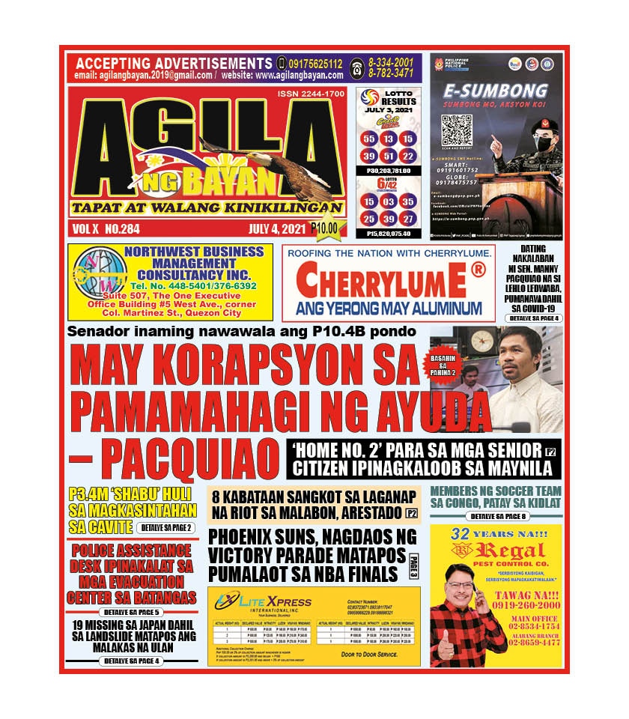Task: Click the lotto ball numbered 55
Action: tap(369, 139)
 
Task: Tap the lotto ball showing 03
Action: tap(389, 201)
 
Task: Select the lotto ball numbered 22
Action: tap(408, 156)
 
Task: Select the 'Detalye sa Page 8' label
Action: tap(496, 517)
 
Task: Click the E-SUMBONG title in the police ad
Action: tap(495, 91)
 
